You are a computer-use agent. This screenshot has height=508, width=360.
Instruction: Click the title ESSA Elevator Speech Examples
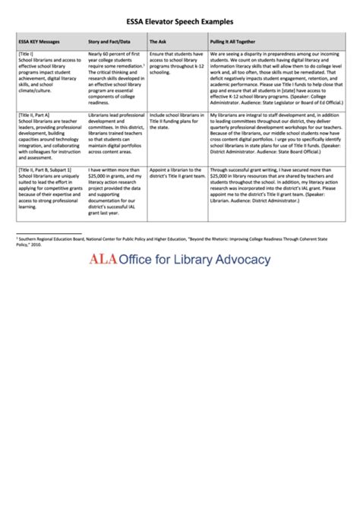click(179, 22)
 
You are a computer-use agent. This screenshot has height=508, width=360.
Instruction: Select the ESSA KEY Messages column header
click(39, 42)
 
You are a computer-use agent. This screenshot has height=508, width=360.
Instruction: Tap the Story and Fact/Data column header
click(109, 42)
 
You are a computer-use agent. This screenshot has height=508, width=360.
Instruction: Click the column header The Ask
click(158, 42)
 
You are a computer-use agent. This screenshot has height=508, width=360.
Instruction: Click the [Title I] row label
click(26, 55)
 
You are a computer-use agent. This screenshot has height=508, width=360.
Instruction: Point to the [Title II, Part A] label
click(34, 112)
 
